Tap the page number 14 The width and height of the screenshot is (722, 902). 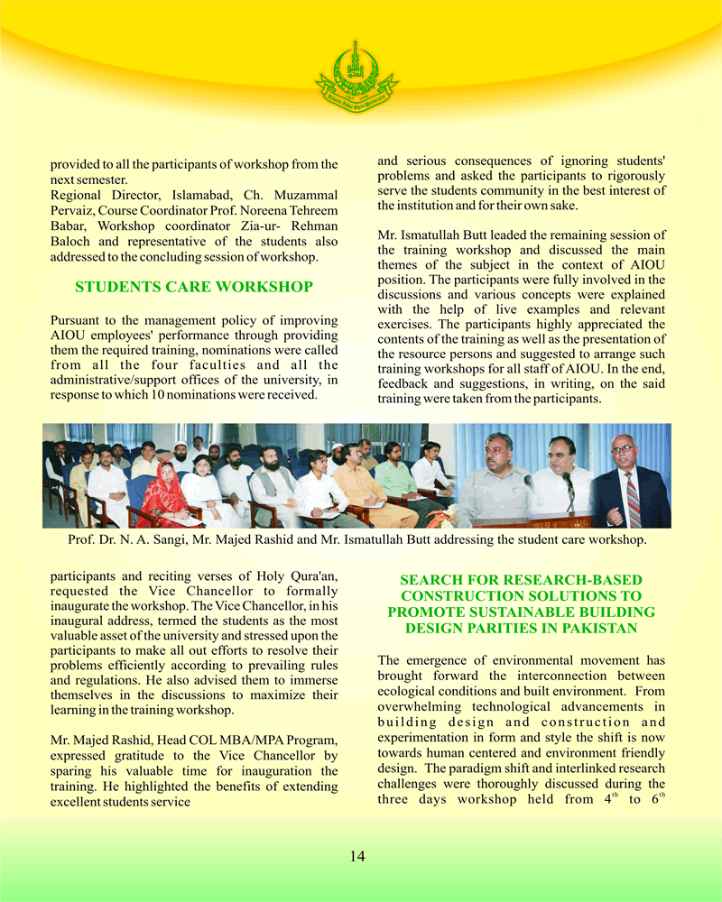pyautogui.click(x=357, y=856)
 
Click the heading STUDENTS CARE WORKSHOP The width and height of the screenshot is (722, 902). pyautogui.click(x=194, y=287)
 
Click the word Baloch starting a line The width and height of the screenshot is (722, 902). pyautogui.click(x=72, y=242)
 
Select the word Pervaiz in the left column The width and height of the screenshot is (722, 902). pyautogui.click(x=74, y=210)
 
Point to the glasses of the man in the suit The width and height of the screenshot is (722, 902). pyautogui.click(x=623, y=449)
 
